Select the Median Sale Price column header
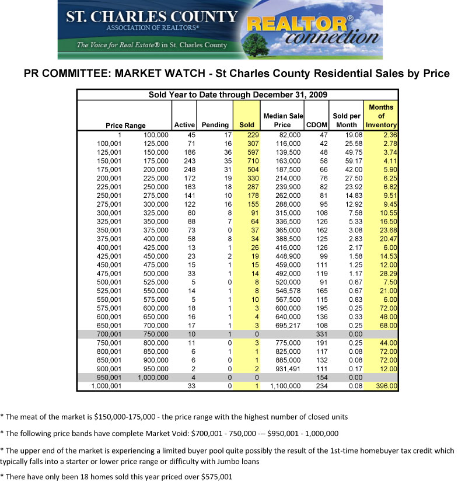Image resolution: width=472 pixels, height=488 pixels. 283,120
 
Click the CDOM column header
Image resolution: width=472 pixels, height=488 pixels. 317,125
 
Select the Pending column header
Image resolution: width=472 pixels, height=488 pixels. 215,125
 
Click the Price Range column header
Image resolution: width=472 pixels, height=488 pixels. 125,125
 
